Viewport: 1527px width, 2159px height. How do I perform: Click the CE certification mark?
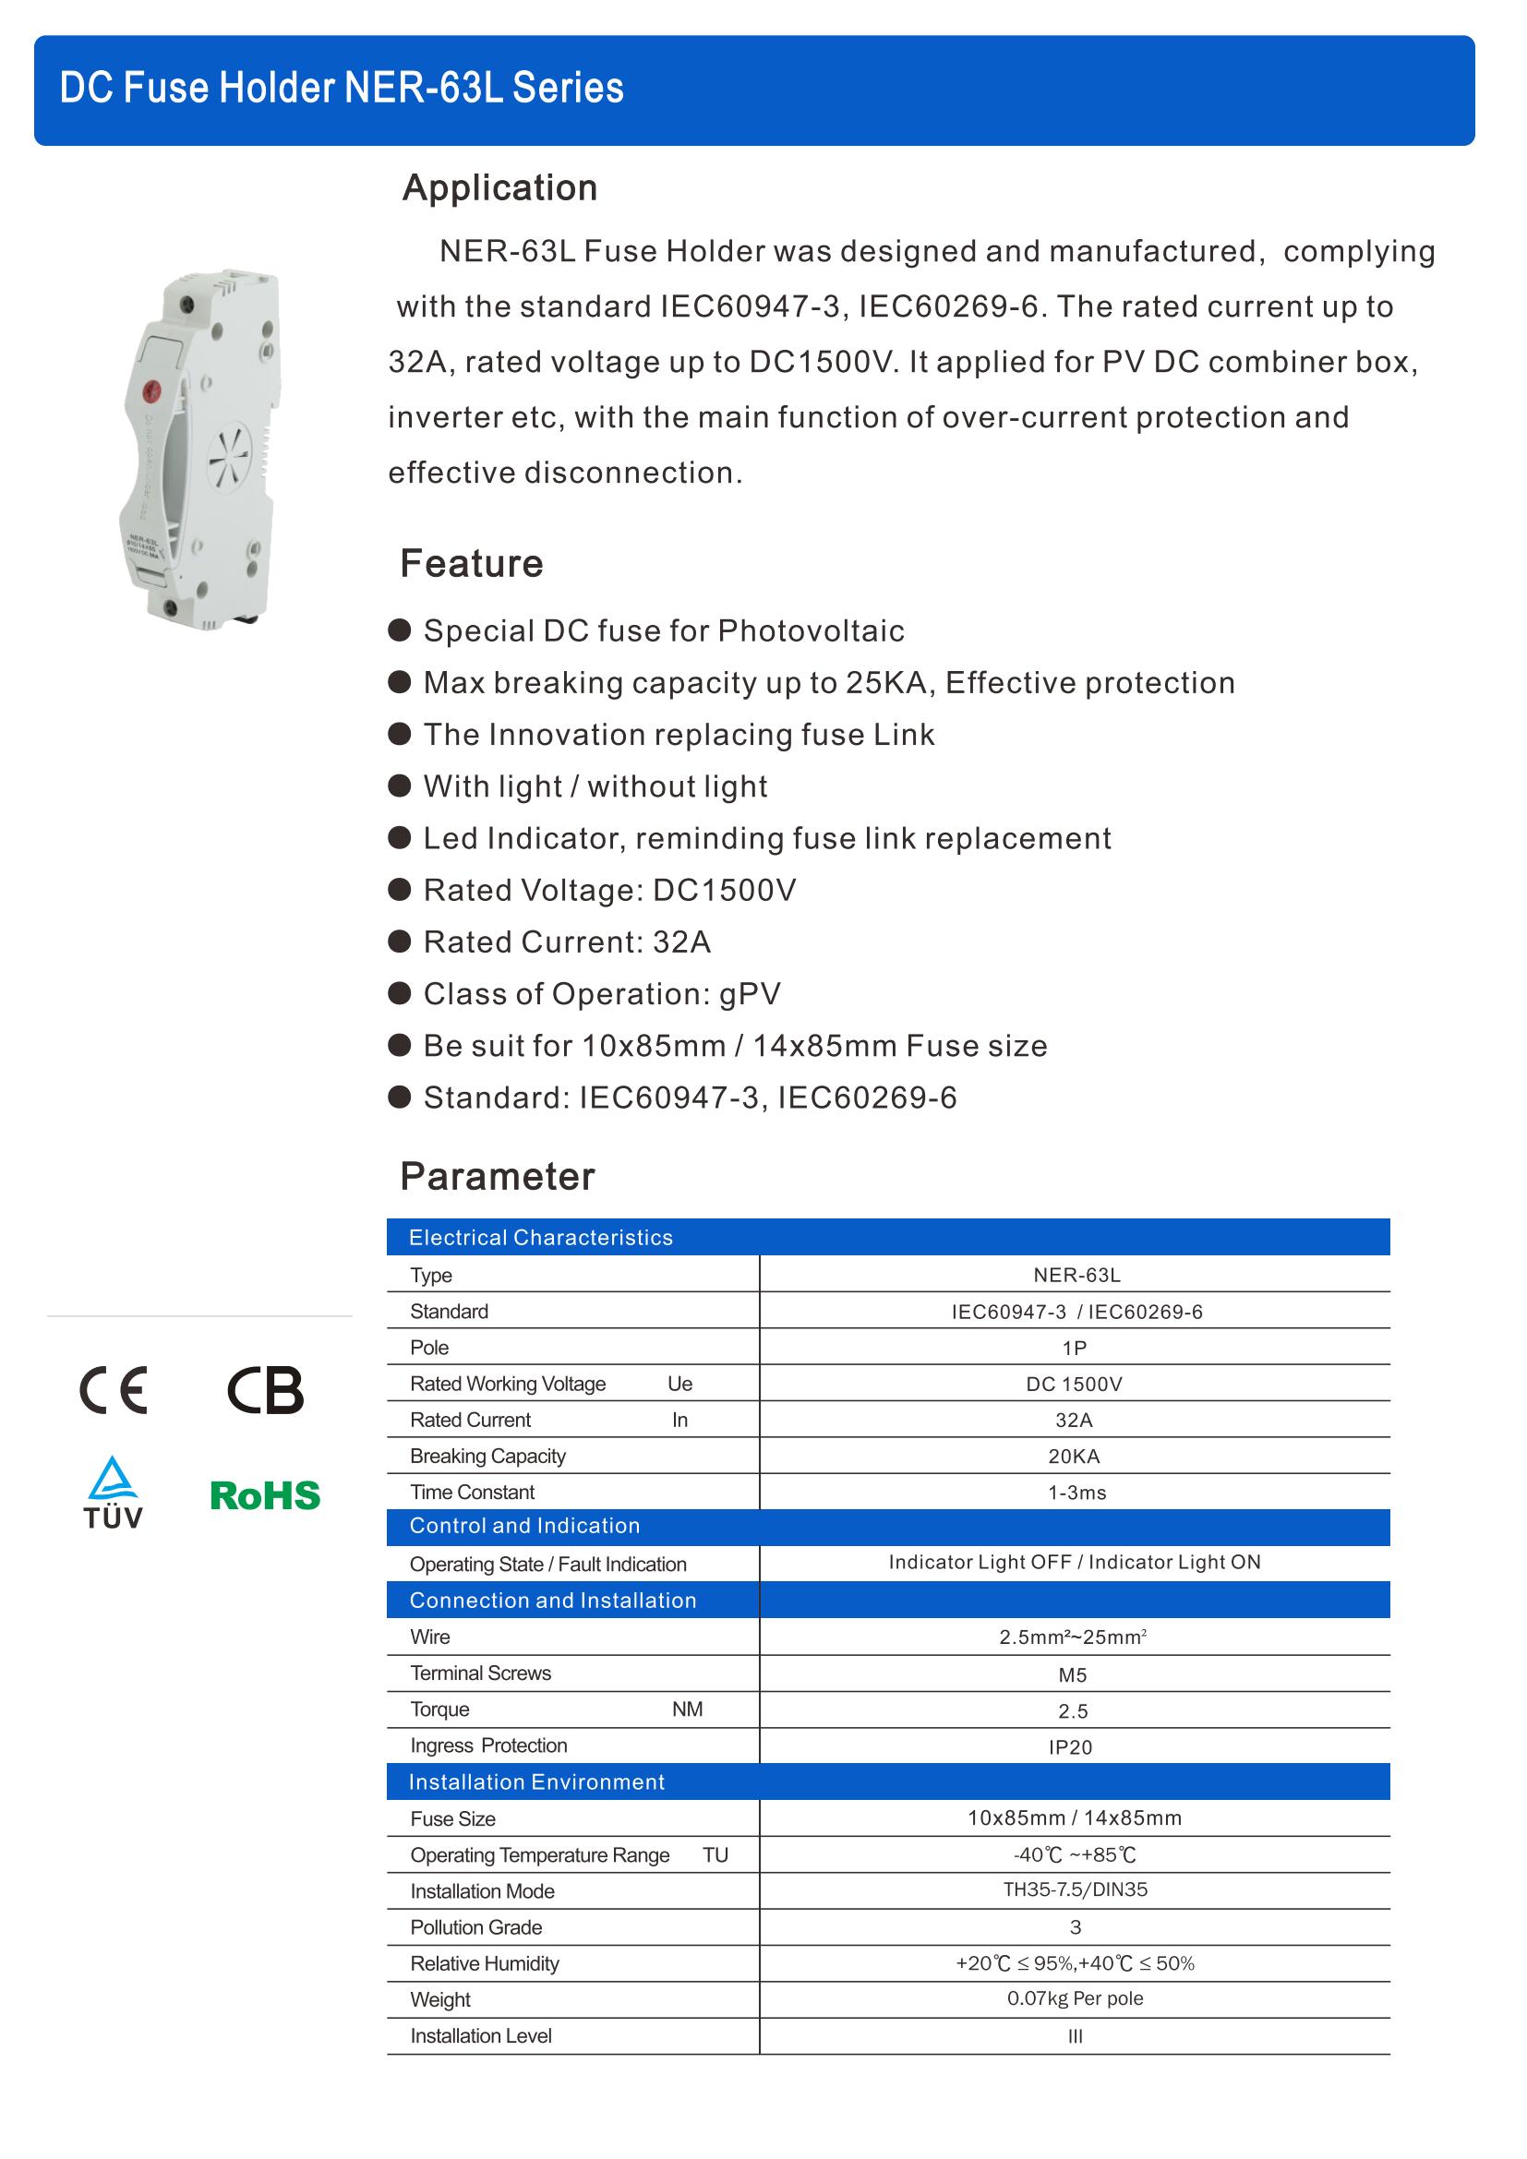tap(113, 1390)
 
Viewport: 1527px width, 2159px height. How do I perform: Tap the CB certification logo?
tap(265, 1390)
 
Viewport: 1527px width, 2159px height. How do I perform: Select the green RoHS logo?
tap(265, 1495)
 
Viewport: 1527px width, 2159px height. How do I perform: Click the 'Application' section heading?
tap(499, 188)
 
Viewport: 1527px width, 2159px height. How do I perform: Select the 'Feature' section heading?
tap(471, 564)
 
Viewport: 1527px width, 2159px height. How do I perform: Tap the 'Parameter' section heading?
tap(498, 1176)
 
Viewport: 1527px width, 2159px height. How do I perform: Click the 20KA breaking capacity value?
tap(1074, 1457)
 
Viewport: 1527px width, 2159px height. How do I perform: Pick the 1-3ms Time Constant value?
tap(1076, 1493)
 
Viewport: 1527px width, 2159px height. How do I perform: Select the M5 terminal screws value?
tap(1072, 1674)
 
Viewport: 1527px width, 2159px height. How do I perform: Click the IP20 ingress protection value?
tap(1070, 1747)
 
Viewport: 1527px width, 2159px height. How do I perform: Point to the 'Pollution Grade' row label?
tap(475, 1926)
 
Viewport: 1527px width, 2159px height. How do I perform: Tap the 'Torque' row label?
tap(439, 1709)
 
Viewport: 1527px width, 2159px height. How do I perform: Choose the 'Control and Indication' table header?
tap(524, 1526)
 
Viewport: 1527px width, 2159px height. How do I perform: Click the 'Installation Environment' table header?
tap(536, 1781)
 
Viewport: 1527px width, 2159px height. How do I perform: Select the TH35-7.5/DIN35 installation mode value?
tap(1075, 1890)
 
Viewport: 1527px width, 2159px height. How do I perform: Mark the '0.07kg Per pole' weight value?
tap(1075, 1998)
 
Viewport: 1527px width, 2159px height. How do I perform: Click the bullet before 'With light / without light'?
tap(400, 786)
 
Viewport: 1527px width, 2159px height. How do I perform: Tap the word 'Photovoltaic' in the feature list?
tap(811, 631)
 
